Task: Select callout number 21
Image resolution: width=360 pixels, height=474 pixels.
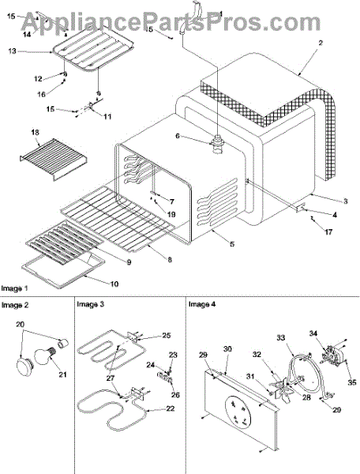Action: point(62,374)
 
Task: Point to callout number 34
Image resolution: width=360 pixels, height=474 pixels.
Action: point(313,333)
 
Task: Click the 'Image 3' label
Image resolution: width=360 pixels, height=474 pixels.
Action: point(90,304)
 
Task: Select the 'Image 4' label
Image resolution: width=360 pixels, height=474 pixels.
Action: point(202,304)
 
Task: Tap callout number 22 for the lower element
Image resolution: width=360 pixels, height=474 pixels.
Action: point(171,408)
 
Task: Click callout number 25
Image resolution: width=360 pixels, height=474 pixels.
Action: point(167,335)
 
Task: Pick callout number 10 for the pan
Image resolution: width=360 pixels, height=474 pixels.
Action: point(114,284)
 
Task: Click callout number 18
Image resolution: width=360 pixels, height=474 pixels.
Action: point(35,133)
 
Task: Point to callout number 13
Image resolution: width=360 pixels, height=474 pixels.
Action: point(12,51)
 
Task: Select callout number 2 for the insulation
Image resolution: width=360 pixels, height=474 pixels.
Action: point(321,43)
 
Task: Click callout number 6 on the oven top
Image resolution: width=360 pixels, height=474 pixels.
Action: point(178,136)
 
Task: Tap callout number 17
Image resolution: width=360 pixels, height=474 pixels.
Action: point(328,231)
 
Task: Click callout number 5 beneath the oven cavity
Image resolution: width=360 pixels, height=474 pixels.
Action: point(232,243)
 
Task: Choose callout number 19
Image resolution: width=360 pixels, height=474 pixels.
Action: point(171,214)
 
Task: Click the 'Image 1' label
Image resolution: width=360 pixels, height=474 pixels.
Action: point(14,288)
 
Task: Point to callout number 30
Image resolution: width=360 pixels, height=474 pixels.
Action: point(227,349)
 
